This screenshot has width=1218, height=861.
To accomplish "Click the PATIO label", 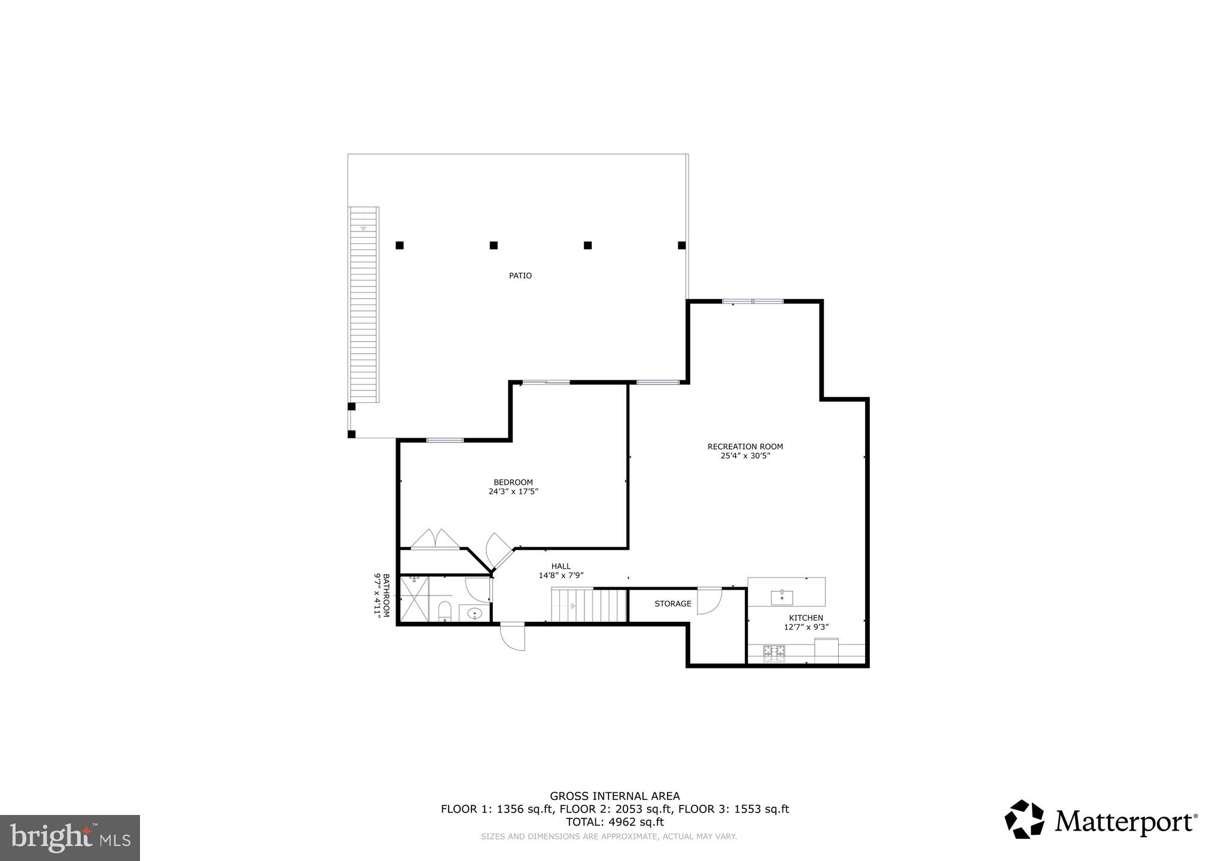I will [x=520, y=276].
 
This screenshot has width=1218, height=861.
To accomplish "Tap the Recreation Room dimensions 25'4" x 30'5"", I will [x=745, y=456].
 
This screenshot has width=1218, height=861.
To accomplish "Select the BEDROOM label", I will [x=513, y=483].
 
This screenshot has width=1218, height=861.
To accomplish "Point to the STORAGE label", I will [x=672, y=604].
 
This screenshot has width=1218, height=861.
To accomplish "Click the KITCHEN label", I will [x=806, y=618].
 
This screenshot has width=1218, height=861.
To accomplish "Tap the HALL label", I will [x=561, y=566].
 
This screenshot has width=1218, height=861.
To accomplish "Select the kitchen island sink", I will [x=782, y=597].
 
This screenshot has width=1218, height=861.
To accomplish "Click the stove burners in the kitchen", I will [x=774, y=653].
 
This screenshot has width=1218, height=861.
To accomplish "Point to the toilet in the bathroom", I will [x=444, y=611].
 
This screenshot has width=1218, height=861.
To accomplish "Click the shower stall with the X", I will [x=414, y=599].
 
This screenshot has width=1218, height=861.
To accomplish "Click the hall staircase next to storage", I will [x=589, y=606].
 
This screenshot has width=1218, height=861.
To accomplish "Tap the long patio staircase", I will [x=364, y=305].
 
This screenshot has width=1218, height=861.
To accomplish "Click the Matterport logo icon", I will [x=1024, y=819].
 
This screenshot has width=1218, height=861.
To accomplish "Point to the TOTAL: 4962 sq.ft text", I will [x=614, y=822].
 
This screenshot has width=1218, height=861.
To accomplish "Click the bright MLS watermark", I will [x=69, y=838].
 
